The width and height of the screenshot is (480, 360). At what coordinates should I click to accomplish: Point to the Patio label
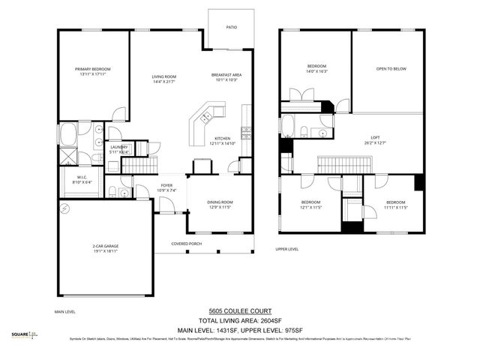click(232, 28)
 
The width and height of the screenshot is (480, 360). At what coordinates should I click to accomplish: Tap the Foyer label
click(167, 187)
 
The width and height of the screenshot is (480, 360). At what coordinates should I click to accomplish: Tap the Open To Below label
click(391, 69)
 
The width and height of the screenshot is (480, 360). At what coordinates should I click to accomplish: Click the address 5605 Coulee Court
click(240, 311)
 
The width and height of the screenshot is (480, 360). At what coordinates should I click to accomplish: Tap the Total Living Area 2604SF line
click(240, 320)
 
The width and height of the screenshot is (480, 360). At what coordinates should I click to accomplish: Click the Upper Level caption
click(287, 249)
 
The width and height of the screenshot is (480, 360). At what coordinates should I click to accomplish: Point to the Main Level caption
click(65, 311)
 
